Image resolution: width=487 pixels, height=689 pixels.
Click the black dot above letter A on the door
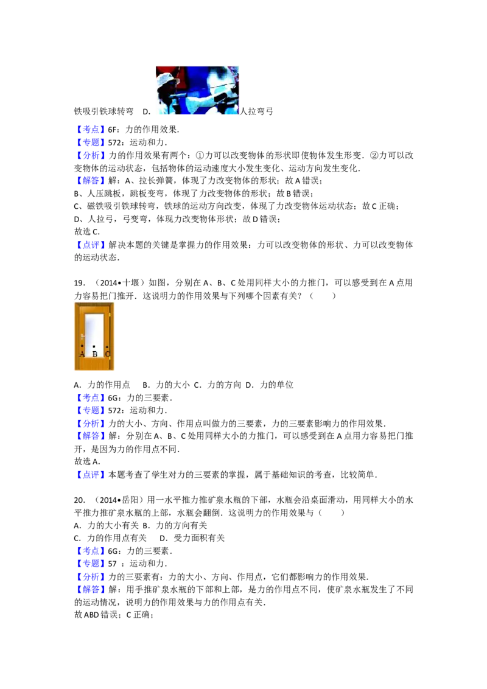point(82,346)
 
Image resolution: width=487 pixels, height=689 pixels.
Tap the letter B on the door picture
point(94,354)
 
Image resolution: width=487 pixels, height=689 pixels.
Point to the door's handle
point(82,337)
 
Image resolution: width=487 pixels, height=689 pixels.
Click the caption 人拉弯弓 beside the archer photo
point(256,111)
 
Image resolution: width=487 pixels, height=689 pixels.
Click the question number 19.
point(80,283)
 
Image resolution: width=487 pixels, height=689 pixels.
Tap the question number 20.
point(80,500)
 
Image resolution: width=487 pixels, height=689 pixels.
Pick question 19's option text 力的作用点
point(108,385)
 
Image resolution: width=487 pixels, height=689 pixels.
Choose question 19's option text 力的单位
point(276,385)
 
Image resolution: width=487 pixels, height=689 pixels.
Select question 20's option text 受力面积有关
point(199,538)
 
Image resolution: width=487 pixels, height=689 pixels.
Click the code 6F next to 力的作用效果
point(112,130)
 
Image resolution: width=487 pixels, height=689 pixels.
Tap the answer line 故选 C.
point(87,231)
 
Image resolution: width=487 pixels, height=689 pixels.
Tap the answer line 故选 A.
point(87,461)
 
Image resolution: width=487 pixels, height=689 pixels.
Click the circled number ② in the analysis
point(374,156)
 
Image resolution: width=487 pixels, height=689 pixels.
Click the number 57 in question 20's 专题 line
point(113,564)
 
